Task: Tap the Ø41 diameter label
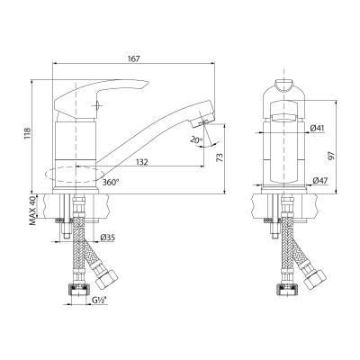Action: [x=317, y=128]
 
